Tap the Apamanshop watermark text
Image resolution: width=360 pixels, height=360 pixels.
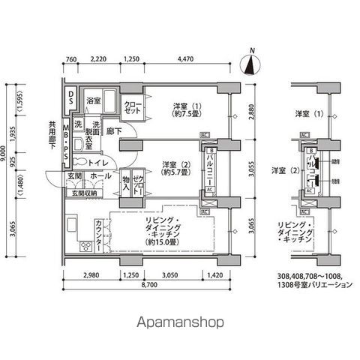pyautogui.click(x=180, y=323)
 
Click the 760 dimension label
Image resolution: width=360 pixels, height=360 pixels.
pyautogui.click(x=72, y=59)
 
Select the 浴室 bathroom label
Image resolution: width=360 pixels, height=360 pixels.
pyautogui.click(x=93, y=100)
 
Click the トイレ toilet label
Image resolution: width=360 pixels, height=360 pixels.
pyautogui.click(x=102, y=162)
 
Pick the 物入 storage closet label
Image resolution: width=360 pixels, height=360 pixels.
pyautogui.click(x=126, y=183)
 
